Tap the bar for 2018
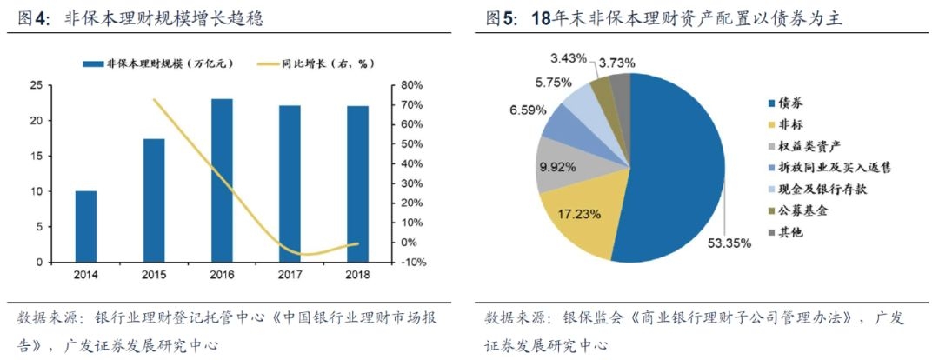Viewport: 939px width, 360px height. [x=357, y=183]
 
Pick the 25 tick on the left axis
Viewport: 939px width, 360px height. [x=36, y=85]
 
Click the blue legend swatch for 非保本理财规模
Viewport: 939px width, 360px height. [x=93, y=63]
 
